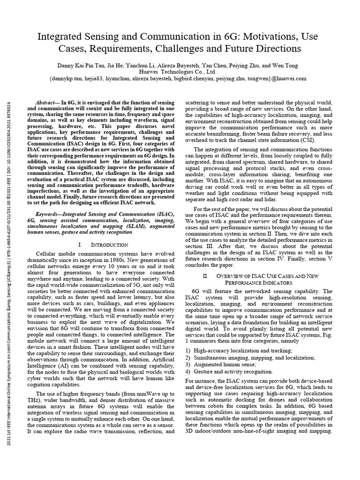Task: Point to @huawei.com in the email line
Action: tap(289, 79)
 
